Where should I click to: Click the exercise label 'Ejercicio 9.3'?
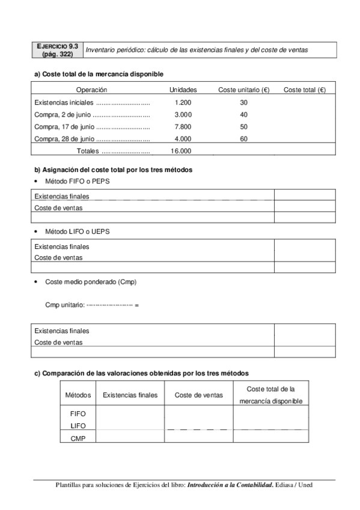pos(57,46)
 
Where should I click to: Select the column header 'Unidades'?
pos(183,90)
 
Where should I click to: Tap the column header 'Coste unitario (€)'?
pos(243,90)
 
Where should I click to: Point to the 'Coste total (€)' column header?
pos(304,90)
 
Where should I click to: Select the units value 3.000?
pos(183,114)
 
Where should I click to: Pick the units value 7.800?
pos(183,126)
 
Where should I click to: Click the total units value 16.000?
pos(181,151)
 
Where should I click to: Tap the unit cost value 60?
pos(243,139)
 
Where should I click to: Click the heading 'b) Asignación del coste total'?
pos(113,170)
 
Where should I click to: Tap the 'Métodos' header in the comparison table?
pos(78,395)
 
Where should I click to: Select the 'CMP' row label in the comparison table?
pos(78,438)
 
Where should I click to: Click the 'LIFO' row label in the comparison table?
pos(78,426)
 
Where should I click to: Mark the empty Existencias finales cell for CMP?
pos(130,438)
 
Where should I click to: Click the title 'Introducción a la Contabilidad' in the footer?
pos(230,484)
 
